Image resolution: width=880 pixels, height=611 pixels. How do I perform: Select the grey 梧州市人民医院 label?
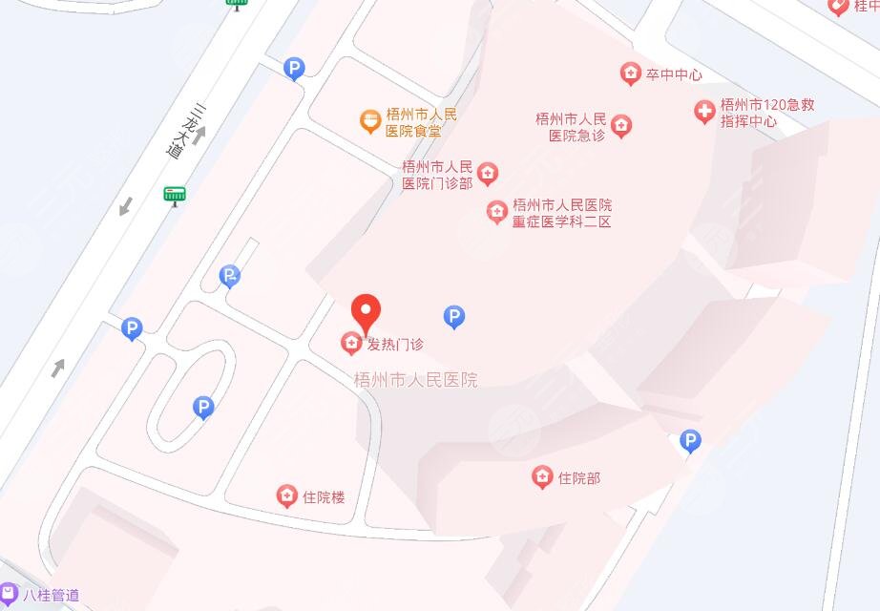click(x=415, y=380)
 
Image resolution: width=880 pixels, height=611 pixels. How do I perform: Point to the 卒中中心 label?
click(x=674, y=74)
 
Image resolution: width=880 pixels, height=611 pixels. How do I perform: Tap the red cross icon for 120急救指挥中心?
click(x=704, y=113)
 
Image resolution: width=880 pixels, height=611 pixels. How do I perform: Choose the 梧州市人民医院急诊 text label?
click(x=571, y=127)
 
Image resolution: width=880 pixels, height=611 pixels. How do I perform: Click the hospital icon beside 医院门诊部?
click(x=488, y=174)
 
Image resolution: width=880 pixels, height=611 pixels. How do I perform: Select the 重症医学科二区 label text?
click(x=561, y=213)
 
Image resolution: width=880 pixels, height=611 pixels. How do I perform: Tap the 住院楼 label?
click(x=323, y=496)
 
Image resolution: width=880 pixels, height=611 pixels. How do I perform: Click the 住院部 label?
click(x=579, y=477)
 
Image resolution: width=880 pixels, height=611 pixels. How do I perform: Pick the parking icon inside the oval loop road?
click(x=202, y=408)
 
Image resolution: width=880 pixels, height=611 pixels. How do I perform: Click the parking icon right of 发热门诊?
click(x=455, y=317)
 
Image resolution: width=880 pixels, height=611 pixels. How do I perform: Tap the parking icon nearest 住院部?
click(x=690, y=440)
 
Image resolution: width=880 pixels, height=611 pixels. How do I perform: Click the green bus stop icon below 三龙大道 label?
click(x=174, y=196)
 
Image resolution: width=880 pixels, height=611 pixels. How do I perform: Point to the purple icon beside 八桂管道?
click(x=9, y=593)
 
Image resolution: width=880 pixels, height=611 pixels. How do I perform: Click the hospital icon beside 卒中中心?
click(x=630, y=74)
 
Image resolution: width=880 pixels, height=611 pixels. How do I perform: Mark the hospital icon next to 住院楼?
click(x=285, y=495)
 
